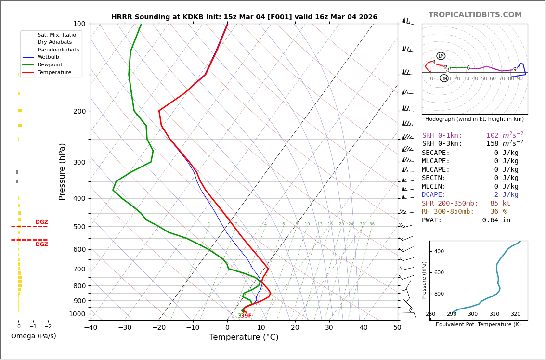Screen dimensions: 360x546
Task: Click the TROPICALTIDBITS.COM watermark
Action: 475,15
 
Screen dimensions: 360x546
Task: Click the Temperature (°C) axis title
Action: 244,338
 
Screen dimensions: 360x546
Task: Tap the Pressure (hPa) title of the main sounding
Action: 63,171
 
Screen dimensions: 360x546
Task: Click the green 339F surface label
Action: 245,316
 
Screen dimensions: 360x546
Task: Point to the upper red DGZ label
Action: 41,222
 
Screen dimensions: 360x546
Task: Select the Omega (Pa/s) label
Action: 33,336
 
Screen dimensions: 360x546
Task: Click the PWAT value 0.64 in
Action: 496,220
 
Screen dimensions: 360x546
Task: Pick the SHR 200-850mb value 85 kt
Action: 500,204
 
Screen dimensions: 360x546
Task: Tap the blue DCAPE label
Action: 436,195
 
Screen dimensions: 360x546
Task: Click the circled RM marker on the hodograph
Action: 444,78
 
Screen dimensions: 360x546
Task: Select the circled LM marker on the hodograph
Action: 441,56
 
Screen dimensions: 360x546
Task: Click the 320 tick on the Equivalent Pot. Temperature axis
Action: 515,314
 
